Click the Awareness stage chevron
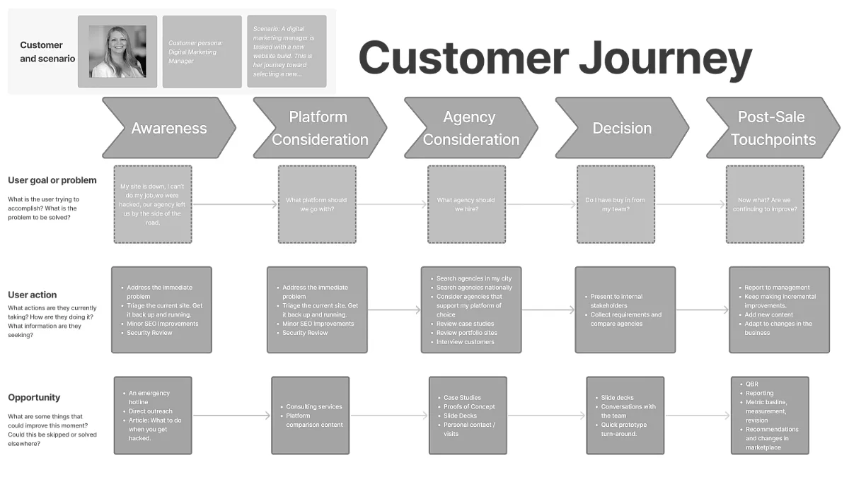pos(168,128)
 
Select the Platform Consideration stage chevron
pos(319,128)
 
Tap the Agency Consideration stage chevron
pos(470,128)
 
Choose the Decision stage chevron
pos(621,128)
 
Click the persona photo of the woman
pos(117,52)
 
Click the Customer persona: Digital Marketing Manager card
pos(202,52)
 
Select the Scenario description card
pos(287,52)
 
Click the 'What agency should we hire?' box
pos(466,204)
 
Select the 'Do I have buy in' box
pos(616,204)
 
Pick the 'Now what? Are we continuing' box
pos(765,204)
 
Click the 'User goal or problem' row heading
pos(52,180)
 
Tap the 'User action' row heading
pos(33,295)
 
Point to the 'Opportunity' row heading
pos(34,397)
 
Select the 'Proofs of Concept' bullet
pos(469,406)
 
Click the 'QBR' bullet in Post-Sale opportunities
pos(751,384)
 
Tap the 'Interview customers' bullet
pos(465,342)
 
